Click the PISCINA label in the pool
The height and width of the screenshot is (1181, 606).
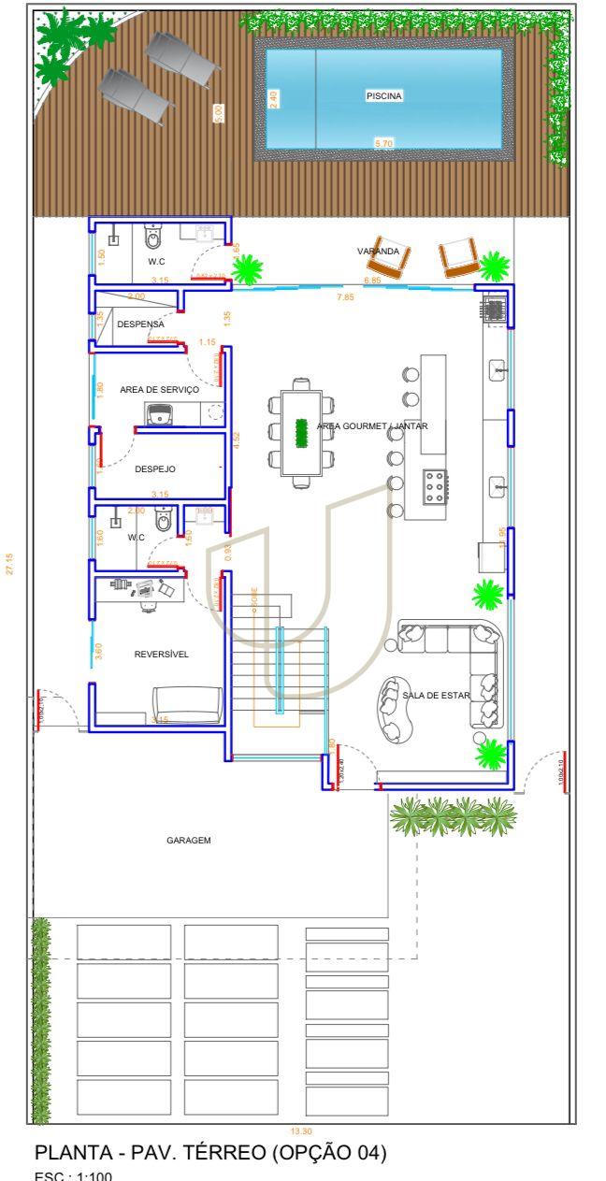[x=383, y=95]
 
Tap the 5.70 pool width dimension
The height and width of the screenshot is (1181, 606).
[x=383, y=143]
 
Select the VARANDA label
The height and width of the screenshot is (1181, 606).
[x=378, y=252]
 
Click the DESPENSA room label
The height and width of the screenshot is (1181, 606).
[x=140, y=324]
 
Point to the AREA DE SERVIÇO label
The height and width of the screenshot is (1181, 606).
[x=159, y=389]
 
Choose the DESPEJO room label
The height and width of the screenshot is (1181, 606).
[x=155, y=469]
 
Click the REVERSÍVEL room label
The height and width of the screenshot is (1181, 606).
[x=161, y=655]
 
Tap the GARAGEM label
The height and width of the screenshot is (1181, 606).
[x=189, y=841]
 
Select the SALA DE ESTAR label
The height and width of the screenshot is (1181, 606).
[x=436, y=695]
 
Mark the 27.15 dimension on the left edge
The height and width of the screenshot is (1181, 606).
[x=10, y=569]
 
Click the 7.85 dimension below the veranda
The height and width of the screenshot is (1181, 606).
[x=345, y=297]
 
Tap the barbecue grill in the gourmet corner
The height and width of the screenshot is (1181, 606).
[x=493, y=309]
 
